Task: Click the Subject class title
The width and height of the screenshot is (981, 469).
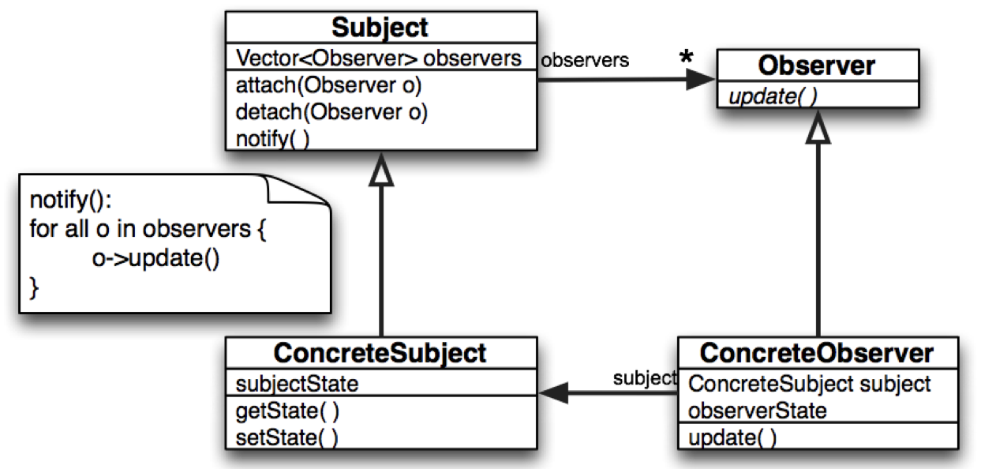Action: pos(380,28)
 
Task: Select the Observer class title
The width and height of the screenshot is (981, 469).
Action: pos(817,65)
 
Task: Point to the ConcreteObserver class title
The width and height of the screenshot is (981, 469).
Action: pos(817,353)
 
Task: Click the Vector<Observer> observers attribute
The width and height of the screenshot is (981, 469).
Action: pos(379,58)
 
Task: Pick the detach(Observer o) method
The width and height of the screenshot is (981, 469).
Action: pos(331,112)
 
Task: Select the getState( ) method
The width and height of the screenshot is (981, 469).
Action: pos(287,411)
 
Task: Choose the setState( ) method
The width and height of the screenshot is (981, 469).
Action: pos(286,437)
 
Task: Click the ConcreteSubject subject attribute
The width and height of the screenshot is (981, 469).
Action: pos(809,385)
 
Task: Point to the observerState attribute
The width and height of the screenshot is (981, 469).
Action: pos(757,411)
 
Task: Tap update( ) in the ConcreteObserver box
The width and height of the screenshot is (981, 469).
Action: pos(732,437)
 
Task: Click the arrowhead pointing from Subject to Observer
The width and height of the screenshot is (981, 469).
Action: pos(700,79)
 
